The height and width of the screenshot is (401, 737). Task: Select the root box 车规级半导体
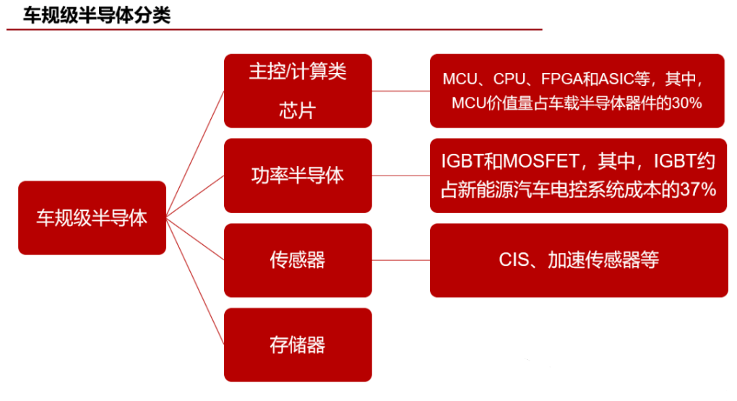(x=92, y=217)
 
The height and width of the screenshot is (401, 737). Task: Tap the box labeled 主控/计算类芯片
(x=298, y=91)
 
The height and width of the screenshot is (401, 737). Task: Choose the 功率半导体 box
(x=298, y=176)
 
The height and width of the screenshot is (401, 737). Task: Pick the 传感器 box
(x=298, y=260)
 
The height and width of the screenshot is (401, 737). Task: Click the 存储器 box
(x=298, y=345)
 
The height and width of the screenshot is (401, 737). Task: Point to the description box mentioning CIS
(x=578, y=260)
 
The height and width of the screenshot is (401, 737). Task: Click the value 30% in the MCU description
(x=687, y=103)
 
